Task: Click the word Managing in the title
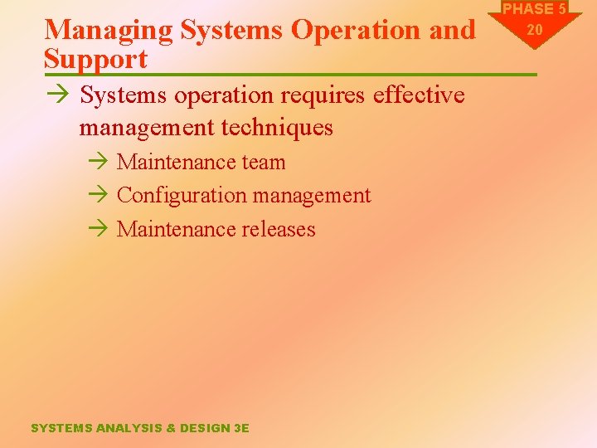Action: [108, 31]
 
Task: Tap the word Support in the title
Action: [95, 59]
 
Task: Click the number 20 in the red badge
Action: [535, 29]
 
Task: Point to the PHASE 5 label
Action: [535, 9]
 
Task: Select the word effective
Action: [419, 95]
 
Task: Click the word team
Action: [263, 163]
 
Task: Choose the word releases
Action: [279, 229]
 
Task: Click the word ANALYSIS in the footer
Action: [129, 428]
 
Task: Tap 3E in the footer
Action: [241, 428]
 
